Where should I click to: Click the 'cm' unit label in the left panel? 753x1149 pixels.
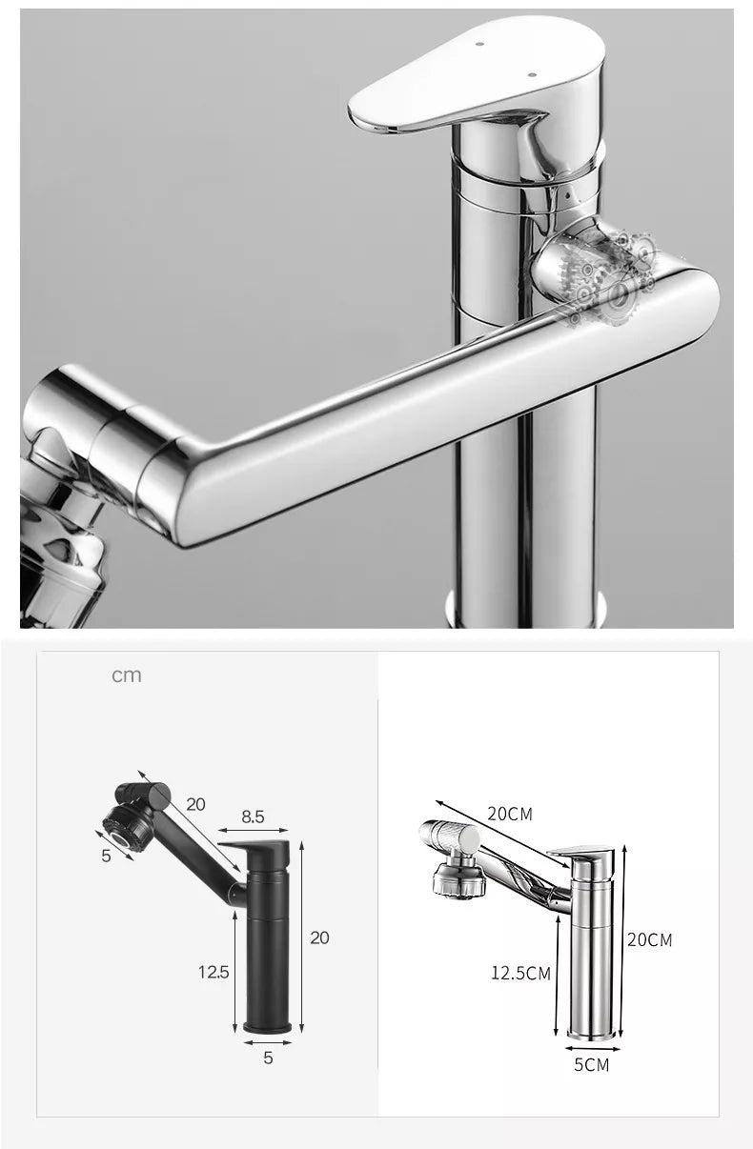click(126, 675)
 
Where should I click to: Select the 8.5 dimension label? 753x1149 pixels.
click(253, 816)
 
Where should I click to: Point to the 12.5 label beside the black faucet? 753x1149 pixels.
click(214, 972)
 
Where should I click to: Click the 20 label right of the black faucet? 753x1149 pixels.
click(319, 937)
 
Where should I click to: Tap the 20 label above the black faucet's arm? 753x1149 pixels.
click(195, 803)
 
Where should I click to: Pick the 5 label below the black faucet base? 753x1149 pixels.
click(268, 1058)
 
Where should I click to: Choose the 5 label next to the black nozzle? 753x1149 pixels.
click(106, 855)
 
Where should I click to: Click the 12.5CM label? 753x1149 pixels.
click(521, 973)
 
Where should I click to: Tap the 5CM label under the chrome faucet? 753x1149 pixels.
click(591, 1064)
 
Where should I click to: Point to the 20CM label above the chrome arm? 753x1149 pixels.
click(510, 814)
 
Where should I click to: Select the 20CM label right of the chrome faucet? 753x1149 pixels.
click(649, 940)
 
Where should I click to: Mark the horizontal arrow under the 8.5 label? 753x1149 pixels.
click(253, 832)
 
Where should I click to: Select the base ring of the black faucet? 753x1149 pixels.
click(268, 1027)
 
